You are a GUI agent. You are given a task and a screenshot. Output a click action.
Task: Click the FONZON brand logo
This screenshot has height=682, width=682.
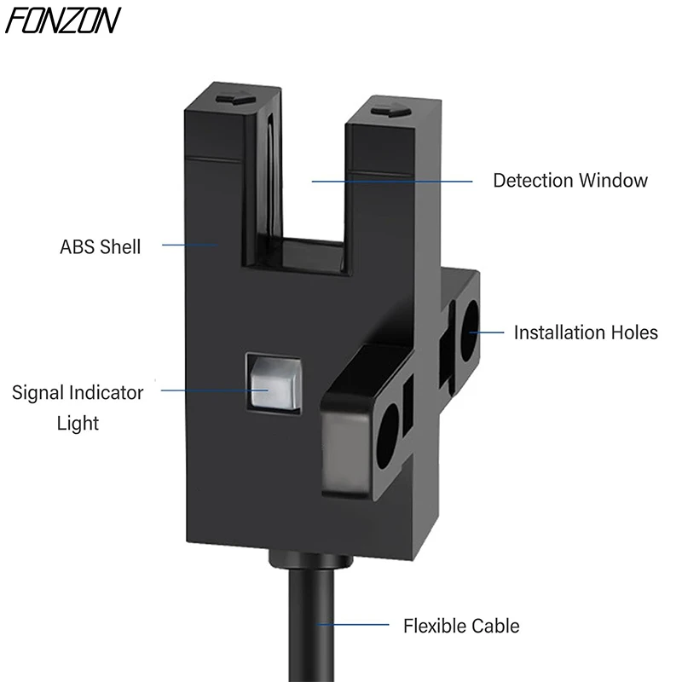point(63,20)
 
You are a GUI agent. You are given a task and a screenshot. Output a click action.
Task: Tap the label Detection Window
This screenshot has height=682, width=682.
point(570,181)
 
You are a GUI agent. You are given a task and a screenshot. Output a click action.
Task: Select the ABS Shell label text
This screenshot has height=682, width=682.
point(100,247)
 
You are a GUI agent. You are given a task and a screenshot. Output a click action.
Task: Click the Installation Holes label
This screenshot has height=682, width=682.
point(586,332)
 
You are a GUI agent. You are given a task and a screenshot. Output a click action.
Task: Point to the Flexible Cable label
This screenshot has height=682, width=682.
point(461,627)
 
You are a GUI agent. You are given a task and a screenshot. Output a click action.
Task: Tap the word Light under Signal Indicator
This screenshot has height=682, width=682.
point(78,423)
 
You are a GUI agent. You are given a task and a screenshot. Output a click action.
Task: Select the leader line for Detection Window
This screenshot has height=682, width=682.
point(391,181)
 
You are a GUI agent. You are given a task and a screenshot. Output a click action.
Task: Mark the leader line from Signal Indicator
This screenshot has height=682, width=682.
point(213,390)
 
